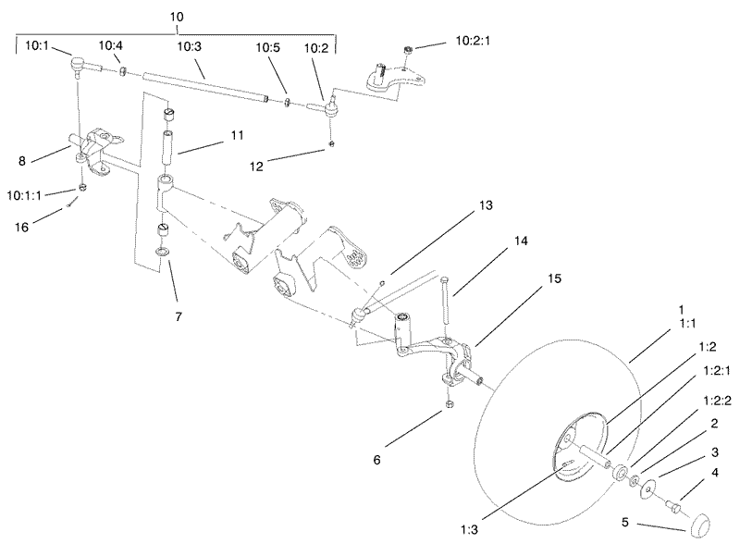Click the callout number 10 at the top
tap(176, 17)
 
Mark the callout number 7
tap(179, 315)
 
